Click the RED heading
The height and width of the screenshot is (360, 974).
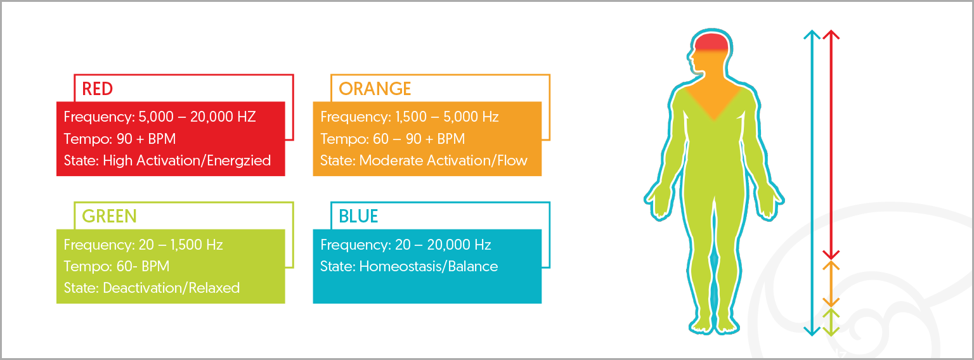[x=98, y=89]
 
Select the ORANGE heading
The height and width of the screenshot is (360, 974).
[x=375, y=89]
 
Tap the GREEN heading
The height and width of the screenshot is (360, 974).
[x=109, y=216]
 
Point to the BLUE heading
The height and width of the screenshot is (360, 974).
[x=358, y=216]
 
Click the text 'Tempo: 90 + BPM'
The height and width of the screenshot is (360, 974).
[x=120, y=139]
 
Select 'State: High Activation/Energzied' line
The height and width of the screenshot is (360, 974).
[x=167, y=160]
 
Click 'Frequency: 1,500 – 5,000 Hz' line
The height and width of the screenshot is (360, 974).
[x=409, y=117]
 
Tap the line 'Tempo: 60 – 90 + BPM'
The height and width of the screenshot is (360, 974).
[x=393, y=139]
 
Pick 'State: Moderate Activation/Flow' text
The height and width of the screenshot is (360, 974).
[x=424, y=160]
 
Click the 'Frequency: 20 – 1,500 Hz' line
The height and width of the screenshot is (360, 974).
[x=143, y=245]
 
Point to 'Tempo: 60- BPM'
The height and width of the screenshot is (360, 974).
[x=117, y=266]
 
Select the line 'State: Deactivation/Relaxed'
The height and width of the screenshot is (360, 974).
[x=152, y=288]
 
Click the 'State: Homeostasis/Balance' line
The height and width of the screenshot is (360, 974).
[x=409, y=266]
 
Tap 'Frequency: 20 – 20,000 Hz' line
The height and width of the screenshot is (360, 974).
[x=406, y=245]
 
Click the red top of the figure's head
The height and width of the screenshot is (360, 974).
[x=711, y=42]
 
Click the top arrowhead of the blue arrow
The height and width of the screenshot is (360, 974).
[x=812, y=34]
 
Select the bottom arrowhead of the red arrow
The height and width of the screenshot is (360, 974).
[x=831, y=255]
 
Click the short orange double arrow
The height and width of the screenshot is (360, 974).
[x=831, y=285]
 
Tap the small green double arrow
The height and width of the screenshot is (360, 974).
[x=831, y=322]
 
